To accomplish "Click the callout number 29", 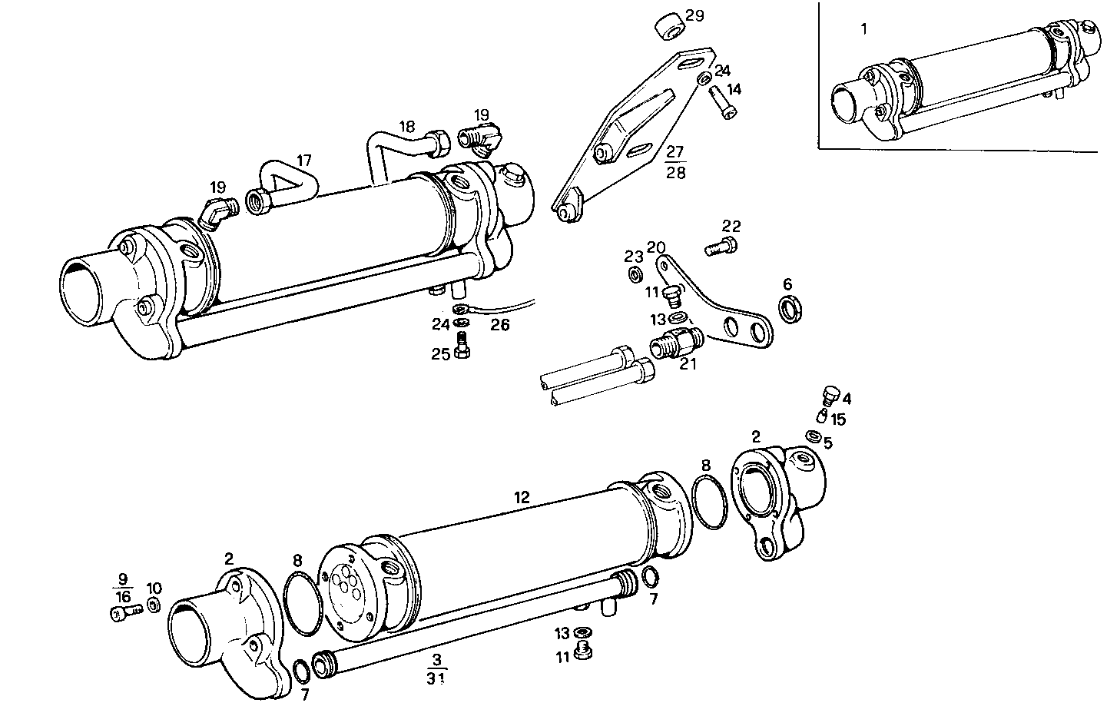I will [x=694, y=16].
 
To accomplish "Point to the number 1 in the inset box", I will [x=863, y=29].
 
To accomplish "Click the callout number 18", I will [x=406, y=125].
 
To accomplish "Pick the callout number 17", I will [x=304, y=161].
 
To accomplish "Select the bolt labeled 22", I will [x=720, y=246].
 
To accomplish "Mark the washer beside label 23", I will [x=636, y=275].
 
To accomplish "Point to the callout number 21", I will [x=688, y=363].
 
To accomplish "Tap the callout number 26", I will [x=500, y=325].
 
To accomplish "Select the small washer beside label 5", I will [x=812, y=436].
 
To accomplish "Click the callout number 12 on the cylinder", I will [x=522, y=498].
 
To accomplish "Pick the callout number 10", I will [x=154, y=588].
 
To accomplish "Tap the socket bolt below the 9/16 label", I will [x=124, y=612].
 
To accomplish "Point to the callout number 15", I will [x=838, y=419].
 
